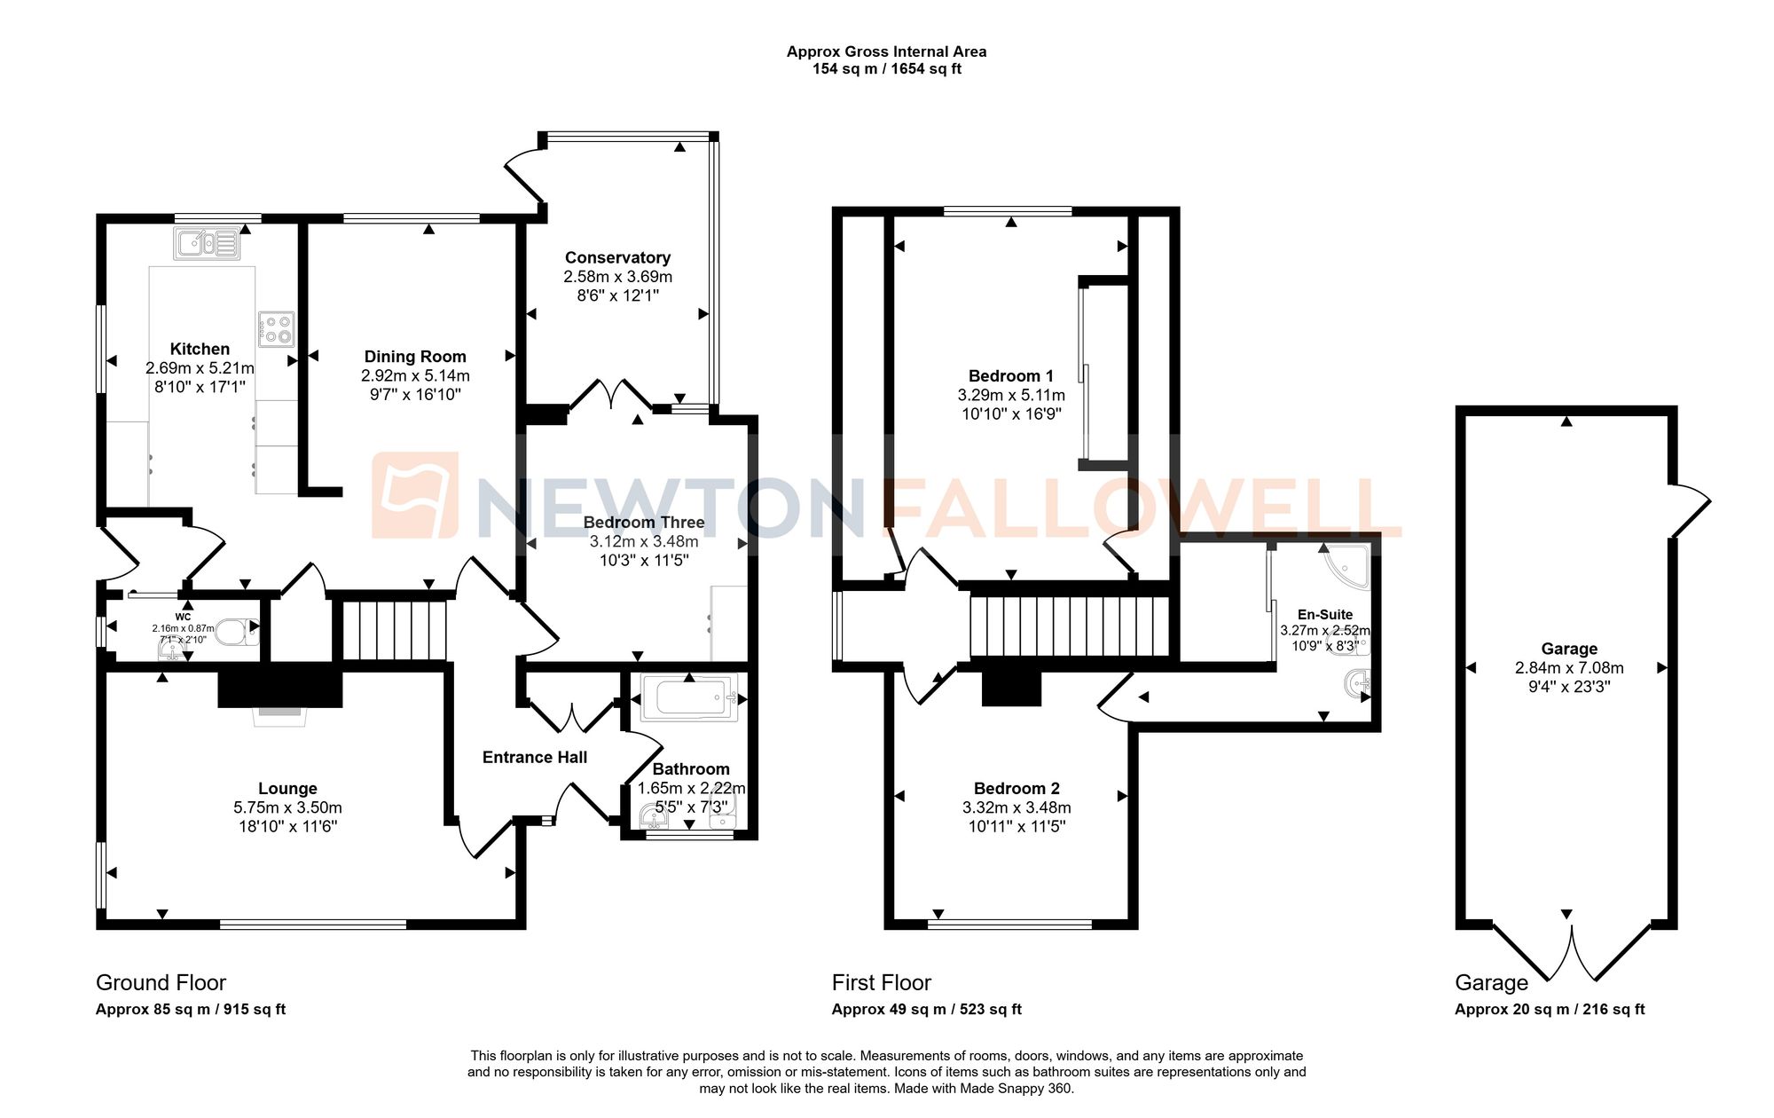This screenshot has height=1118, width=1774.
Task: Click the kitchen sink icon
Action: (x=208, y=243)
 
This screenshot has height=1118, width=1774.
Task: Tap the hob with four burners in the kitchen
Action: (x=276, y=329)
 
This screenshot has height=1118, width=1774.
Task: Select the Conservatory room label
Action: (x=617, y=257)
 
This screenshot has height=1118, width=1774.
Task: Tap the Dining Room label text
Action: (x=415, y=356)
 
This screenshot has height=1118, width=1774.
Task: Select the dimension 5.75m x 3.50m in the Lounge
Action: (x=287, y=807)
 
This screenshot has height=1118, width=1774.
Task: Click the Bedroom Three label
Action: (x=644, y=522)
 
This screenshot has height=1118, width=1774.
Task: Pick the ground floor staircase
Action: (x=393, y=630)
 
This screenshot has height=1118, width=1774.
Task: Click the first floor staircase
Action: (x=1069, y=626)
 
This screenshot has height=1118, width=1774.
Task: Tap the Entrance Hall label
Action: (x=535, y=757)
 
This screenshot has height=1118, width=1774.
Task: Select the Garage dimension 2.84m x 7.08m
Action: (x=1569, y=667)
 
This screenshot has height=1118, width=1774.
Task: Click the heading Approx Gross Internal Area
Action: (x=886, y=51)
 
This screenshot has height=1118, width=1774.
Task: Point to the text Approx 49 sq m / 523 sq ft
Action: (x=926, y=1009)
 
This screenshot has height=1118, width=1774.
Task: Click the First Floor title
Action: (x=881, y=982)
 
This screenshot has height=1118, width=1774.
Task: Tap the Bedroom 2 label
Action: (x=1017, y=788)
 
